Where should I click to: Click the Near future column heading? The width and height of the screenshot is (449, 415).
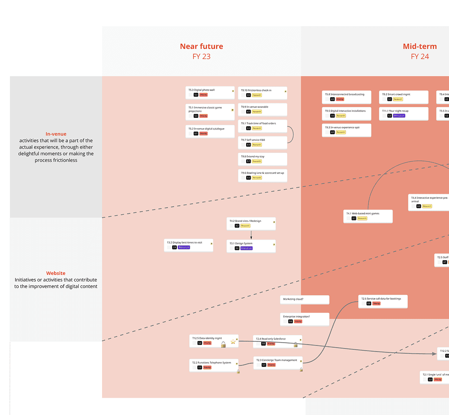click(202, 46)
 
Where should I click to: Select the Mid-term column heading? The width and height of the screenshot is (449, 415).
click(420, 46)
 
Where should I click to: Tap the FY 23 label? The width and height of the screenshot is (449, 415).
click(202, 56)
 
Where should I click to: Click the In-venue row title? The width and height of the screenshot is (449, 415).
click(56, 134)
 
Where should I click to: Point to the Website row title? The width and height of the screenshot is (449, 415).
click(56, 273)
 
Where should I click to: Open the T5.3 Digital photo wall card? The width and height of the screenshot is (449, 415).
click(210, 92)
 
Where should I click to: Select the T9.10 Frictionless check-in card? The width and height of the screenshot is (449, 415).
click(263, 93)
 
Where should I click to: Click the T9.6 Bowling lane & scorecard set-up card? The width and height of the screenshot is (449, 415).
click(263, 175)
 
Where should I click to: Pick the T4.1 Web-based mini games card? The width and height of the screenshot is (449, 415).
click(368, 216)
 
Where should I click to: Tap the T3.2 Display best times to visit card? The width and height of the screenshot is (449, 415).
click(188, 245)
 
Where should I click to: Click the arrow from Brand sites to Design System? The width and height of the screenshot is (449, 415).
click(251, 234)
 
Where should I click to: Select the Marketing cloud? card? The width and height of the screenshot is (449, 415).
click(305, 299)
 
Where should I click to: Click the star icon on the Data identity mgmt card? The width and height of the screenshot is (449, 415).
click(234, 341)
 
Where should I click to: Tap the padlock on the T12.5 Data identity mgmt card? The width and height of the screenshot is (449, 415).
click(223, 345)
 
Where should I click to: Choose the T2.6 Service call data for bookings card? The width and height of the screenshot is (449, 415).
click(383, 301)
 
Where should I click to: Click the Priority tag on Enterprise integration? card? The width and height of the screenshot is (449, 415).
click(298, 321)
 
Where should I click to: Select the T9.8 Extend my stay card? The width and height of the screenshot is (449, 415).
click(263, 159)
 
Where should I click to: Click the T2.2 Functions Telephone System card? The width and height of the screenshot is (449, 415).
click(214, 365)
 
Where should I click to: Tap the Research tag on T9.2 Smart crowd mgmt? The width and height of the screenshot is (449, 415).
click(398, 99)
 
